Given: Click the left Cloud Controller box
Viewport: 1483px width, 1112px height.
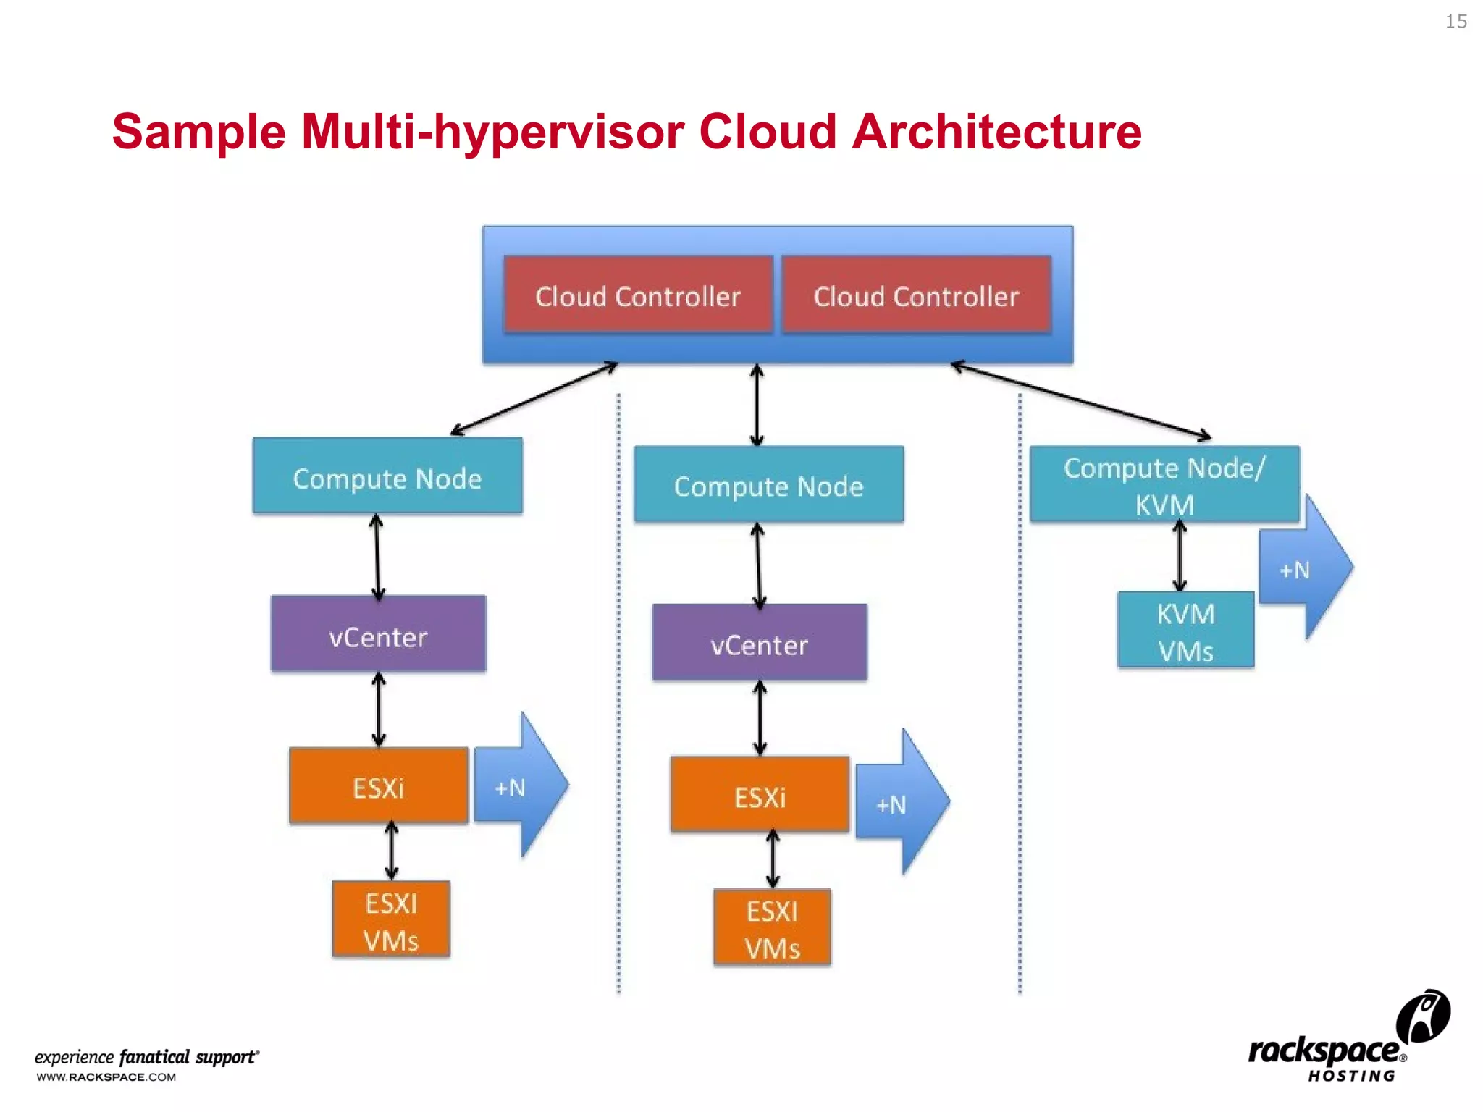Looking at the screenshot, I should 638,295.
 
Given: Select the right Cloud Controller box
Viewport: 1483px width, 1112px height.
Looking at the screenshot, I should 916,295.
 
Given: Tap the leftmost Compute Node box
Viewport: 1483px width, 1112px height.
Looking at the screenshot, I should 387,476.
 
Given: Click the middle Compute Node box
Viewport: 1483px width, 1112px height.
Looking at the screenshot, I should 768,484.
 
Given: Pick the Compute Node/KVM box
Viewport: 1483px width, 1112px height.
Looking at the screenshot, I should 1164,484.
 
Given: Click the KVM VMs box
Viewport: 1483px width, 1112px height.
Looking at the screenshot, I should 1185,630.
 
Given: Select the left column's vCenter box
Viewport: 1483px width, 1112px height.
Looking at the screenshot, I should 378,634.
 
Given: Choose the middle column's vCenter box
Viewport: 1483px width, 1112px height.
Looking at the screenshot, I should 759,643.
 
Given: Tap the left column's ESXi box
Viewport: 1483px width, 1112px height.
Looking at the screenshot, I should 378,786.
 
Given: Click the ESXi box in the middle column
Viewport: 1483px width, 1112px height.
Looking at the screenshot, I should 760,795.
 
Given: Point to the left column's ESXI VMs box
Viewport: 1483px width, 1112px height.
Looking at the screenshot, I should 391,919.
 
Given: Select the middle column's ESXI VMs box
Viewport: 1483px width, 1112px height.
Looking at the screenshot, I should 772,928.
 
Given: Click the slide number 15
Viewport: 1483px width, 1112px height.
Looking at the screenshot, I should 1455,22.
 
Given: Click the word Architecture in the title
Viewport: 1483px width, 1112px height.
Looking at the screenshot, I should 996,132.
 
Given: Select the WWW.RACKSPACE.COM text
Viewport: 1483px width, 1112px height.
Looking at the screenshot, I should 106,1077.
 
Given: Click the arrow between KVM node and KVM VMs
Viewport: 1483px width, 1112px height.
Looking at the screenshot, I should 1180,556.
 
